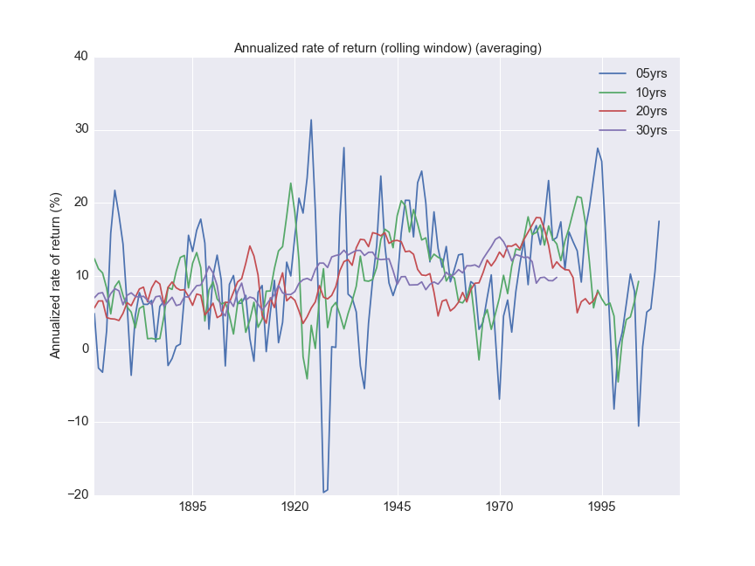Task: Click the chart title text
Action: [387, 48]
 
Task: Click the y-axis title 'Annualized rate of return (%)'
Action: [56, 276]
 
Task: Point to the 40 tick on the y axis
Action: [80, 57]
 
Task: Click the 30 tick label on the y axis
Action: [80, 129]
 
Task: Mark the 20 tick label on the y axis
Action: [80, 203]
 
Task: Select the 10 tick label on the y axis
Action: [80, 275]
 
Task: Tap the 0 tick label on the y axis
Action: [84, 349]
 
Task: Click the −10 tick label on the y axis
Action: [78, 421]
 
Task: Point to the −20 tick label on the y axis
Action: [78, 494]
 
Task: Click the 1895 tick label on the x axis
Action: [193, 507]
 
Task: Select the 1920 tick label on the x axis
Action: [295, 507]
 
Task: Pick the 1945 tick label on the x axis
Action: [398, 507]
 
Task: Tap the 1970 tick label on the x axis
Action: [500, 507]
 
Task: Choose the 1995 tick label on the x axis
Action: [601, 507]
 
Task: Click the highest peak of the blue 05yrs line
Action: [311, 120]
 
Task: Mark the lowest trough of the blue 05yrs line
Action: [323, 493]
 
